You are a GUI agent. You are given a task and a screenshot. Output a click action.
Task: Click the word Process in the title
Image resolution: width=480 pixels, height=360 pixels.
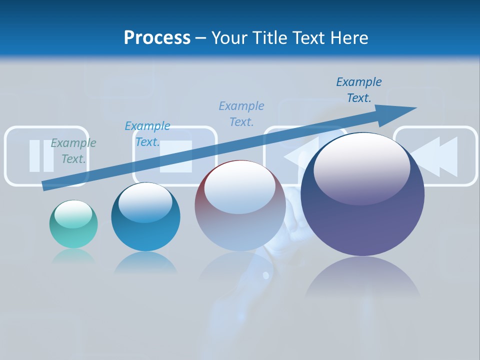coord(157,38)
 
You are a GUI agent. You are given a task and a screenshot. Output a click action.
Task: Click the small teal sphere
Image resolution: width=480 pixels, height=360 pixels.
coord(73,224)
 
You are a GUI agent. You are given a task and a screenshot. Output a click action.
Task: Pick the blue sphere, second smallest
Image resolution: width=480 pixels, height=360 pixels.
coord(145,217)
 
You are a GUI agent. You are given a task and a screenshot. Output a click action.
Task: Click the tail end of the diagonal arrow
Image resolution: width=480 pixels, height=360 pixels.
coord(44,186)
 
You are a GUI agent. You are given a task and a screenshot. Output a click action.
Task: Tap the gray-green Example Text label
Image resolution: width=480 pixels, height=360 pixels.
coord(73,151)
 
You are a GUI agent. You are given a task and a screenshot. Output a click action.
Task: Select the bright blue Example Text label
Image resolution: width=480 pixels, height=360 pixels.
coord(147,134)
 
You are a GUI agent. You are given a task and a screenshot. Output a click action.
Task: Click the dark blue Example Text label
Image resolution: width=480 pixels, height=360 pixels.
coord(359,90)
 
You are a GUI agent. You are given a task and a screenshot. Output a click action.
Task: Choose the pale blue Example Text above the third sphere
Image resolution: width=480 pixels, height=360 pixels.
coord(241,113)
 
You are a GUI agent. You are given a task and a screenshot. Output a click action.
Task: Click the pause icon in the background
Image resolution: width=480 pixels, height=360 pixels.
coord(41,156)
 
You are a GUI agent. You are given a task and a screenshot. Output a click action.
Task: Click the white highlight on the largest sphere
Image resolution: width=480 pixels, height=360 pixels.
coord(361,167)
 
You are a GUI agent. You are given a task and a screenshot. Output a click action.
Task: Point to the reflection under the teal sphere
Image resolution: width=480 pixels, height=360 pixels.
coord(73,256)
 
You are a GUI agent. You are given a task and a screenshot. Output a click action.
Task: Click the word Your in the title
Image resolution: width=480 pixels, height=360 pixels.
coord(229,38)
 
